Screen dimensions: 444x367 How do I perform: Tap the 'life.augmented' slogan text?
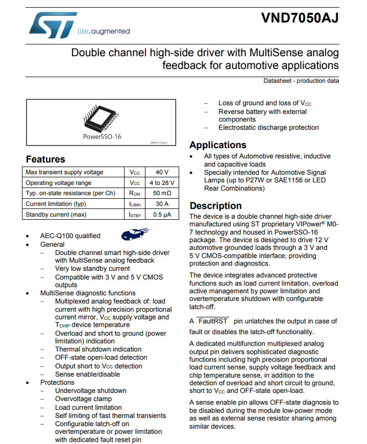click(x=103, y=31)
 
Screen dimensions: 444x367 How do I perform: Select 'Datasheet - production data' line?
click(x=301, y=81)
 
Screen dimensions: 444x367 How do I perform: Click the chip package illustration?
click(x=102, y=117)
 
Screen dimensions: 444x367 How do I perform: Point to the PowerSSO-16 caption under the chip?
click(x=102, y=136)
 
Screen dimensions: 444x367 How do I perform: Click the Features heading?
click(x=45, y=159)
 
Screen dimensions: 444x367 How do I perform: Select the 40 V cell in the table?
click(x=162, y=172)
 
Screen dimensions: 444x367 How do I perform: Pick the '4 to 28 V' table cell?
click(x=162, y=183)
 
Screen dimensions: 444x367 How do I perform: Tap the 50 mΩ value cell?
click(x=162, y=193)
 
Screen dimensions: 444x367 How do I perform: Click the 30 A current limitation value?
click(x=162, y=204)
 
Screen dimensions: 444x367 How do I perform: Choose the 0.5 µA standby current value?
click(x=162, y=215)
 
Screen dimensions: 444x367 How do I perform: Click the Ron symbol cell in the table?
click(x=134, y=193)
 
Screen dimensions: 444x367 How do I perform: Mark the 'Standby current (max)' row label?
click(x=56, y=215)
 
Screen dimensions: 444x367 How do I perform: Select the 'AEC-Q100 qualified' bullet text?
click(x=70, y=236)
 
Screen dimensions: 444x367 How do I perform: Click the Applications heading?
click(x=217, y=145)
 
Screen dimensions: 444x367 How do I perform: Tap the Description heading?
click(x=215, y=205)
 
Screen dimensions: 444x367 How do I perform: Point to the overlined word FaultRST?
click(x=213, y=321)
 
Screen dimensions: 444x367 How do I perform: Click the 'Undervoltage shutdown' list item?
click(x=90, y=391)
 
